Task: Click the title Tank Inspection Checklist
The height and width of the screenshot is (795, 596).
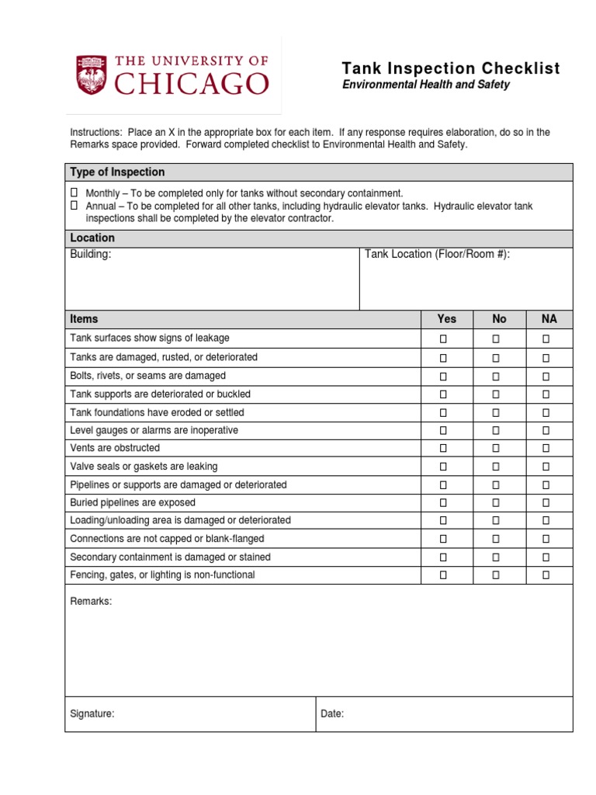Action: tap(451, 68)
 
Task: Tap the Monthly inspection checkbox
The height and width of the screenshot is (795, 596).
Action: tap(74, 193)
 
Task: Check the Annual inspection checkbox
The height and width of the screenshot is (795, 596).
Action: tap(74, 206)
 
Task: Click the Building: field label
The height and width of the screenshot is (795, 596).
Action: tap(91, 255)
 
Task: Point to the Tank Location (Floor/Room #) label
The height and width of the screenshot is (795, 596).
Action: tap(437, 255)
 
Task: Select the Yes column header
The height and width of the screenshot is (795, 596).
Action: tap(447, 319)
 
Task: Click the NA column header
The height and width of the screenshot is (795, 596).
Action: tap(549, 319)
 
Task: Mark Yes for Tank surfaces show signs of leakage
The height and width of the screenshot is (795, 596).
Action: tap(444, 338)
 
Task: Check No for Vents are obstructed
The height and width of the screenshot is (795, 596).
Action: tap(496, 448)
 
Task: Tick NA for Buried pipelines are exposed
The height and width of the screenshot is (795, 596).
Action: tap(546, 502)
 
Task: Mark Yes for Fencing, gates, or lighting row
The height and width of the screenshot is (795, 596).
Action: tap(444, 575)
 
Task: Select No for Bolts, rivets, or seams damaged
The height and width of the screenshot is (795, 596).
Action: tap(496, 376)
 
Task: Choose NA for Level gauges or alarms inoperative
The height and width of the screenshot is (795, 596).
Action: tap(546, 430)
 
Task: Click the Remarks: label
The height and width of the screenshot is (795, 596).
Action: tap(91, 602)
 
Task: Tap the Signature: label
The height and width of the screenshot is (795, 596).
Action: tap(92, 714)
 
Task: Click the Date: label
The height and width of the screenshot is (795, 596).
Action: tap(332, 714)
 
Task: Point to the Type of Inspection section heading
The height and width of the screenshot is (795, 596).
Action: tap(117, 172)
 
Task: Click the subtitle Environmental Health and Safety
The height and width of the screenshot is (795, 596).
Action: tap(426, 85)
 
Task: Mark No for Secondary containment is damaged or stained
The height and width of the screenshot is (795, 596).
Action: tap(496, 557)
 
